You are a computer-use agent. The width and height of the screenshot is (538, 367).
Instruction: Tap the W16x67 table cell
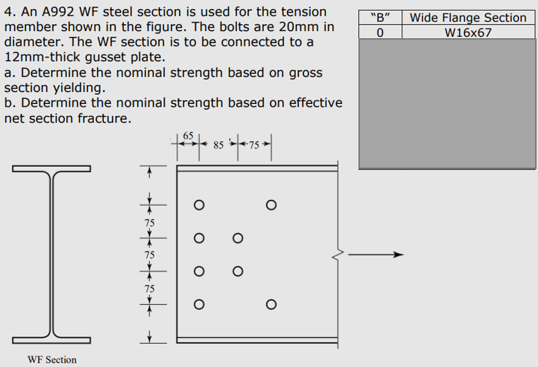click(468, 33)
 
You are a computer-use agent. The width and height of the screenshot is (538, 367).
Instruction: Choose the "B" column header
click(380, 18)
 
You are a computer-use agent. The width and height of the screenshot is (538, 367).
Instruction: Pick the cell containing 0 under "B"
click(380, 33)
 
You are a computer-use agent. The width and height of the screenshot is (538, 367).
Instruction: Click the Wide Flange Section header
click(468, 18)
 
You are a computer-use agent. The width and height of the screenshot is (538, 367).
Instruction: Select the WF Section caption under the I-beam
click(52, 360)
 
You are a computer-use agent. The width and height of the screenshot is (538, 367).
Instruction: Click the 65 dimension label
click(187, 135)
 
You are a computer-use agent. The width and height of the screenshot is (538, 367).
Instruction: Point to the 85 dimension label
click(218, 145)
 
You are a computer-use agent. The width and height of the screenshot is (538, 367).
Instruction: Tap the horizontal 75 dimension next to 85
click(254, 145)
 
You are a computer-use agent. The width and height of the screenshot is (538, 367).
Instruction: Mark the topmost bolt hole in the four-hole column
click(199, 205)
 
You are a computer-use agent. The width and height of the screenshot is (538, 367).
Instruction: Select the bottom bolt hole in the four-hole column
click(199, 305)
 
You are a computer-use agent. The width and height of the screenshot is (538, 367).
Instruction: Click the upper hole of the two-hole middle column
click(238, 238)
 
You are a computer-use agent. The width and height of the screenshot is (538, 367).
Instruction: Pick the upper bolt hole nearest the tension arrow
click(271, 205)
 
